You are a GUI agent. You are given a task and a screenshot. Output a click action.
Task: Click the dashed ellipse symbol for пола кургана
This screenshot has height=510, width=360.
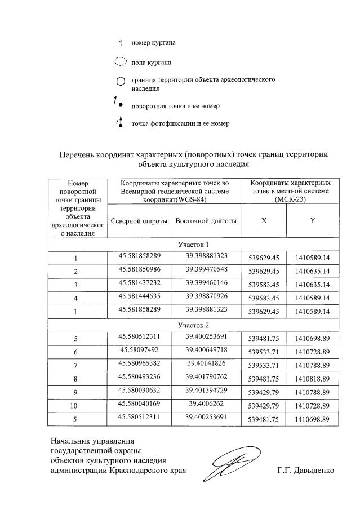point(120,61)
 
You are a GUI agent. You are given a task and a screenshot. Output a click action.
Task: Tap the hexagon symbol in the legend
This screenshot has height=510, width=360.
point(120,82)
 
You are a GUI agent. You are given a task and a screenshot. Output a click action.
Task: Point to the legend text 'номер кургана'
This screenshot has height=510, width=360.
point(153,42)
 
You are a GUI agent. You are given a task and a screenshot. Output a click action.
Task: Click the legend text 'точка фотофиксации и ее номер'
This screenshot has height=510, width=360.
point(180,123)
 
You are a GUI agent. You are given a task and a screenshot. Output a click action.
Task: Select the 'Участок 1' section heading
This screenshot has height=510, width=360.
point(193,245)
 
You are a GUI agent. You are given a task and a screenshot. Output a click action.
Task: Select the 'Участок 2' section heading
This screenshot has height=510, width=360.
point(193,325)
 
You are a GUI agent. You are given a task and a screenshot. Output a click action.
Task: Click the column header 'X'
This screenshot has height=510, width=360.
point(264,221)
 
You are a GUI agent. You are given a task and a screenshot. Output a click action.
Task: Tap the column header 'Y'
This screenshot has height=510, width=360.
point(312,221)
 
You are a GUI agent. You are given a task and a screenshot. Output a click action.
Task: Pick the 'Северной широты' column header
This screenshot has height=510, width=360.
point(139,221)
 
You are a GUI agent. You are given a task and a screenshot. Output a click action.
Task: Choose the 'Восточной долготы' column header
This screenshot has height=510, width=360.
point(206,221)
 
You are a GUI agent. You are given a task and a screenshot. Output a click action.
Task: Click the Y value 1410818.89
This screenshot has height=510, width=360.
point(312,379)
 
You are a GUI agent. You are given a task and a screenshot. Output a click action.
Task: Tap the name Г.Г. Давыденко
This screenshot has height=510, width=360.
point(306,471)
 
